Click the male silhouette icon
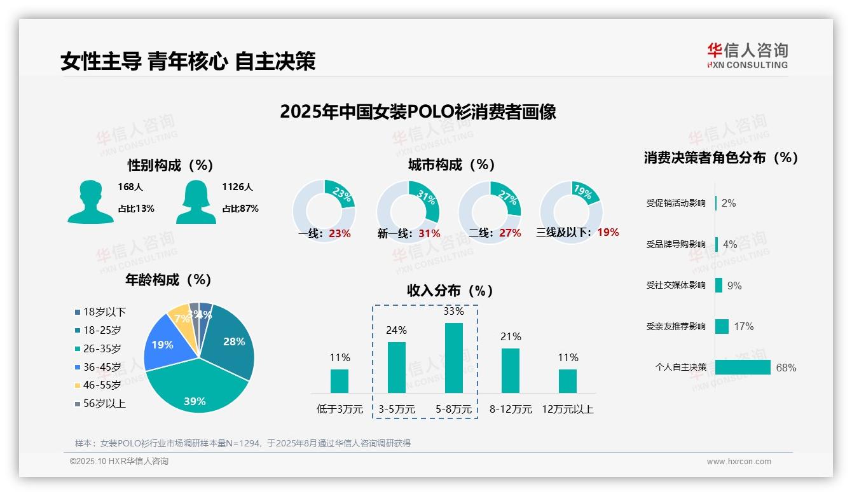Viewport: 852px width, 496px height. pos(90,202)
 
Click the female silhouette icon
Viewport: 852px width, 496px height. pos(196,202)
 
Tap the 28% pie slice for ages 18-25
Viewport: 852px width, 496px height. pos(232,343)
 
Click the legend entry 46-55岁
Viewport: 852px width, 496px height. pos(102,385)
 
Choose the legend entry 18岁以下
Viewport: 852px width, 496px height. pos(104,312)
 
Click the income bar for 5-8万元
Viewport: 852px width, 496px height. pos(453,358)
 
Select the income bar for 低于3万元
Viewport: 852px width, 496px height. pos(340,381)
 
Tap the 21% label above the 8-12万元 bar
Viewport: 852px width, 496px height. pos(511,337)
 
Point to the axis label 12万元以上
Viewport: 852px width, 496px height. pos(567,410)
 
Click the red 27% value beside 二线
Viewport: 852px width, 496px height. pos(510,233)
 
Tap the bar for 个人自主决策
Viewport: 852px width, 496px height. pos(743,368)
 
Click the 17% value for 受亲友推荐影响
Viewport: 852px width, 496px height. pos(743,327)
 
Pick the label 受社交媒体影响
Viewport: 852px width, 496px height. pos(676,286)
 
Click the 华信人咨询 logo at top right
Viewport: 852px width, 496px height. pos(747,56)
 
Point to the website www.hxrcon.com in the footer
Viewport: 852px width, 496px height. pos(739,462)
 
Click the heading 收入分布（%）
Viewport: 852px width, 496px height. pos(450,291)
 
